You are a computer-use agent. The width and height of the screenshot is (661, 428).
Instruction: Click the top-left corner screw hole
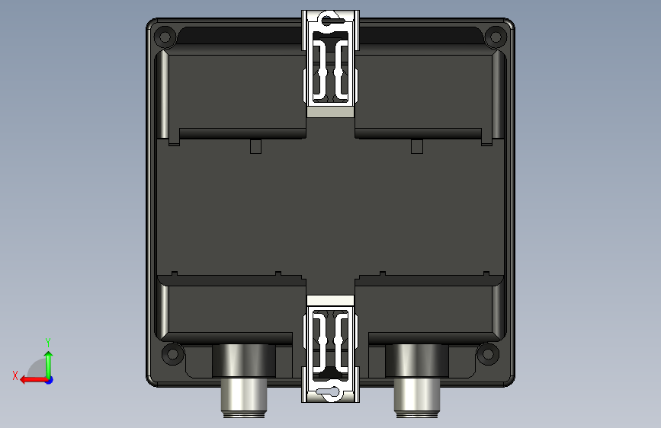tap(165, 37)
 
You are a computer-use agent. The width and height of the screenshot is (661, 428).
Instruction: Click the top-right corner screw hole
tap(496, 37)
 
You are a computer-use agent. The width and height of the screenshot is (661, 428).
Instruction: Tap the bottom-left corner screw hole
tap(172, 353)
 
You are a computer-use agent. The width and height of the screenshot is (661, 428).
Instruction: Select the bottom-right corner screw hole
tap(488, 353)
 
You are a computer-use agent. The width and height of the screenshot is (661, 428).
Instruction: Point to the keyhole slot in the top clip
tap(331, 20)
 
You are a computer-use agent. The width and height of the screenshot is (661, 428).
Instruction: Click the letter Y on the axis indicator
tap(48, 342)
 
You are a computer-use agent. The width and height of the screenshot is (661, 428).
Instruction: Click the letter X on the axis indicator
tap(15, 375)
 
